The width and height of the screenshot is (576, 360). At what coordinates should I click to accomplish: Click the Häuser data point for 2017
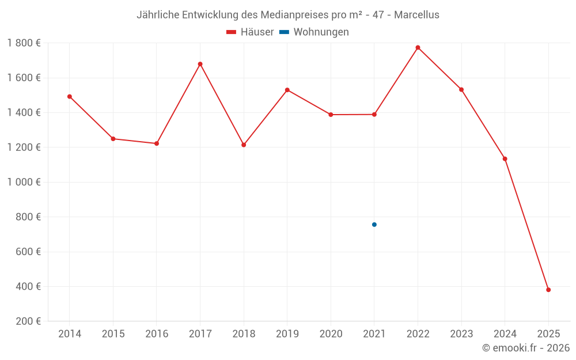(200, 64)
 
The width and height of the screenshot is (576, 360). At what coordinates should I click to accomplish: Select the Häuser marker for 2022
(418, 47)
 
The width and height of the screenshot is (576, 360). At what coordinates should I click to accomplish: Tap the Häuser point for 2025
(548, 290)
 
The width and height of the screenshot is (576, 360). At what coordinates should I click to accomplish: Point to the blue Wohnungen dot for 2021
(374, 225)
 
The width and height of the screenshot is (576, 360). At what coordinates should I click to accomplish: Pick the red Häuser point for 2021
(374, 114)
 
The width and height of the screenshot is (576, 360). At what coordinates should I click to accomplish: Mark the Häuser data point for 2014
(70, 96)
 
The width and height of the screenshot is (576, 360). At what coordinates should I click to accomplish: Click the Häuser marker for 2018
(244, 145)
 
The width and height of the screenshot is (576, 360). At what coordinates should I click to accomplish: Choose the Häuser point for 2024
(505, 158)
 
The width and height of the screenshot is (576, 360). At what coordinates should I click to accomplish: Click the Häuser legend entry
(250, 32)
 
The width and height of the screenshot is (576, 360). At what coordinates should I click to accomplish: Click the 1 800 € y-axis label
(24, 43)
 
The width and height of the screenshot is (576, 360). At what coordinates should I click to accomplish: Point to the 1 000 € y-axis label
(24, 182)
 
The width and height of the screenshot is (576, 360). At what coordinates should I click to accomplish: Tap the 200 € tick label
(28, 321)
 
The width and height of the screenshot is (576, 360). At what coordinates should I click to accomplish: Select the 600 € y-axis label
(28, 252)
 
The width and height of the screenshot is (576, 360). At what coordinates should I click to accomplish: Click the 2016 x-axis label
(157, 334)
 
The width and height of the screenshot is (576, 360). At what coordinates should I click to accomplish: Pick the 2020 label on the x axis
(331, 334)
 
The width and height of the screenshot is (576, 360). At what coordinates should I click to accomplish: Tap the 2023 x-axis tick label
(461, 334)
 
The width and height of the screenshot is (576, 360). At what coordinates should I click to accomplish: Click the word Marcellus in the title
(416, 15)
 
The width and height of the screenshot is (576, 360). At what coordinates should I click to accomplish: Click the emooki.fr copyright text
(526, 348)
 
